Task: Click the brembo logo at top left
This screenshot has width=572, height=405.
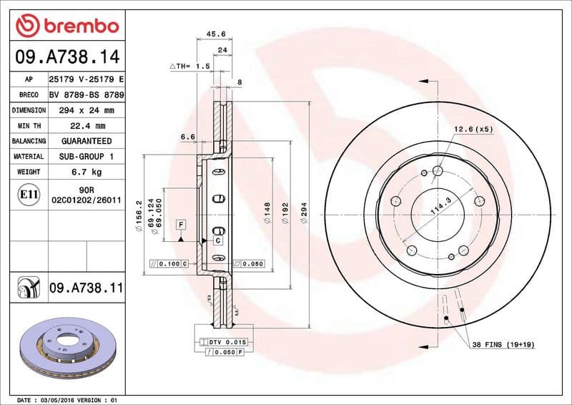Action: tap(66, 26)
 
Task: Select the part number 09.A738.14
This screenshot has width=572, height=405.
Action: tap(66, 56)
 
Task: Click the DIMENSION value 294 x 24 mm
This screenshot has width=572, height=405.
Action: tap(86, 111)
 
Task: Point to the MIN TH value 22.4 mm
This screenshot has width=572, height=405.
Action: tap(86, 126)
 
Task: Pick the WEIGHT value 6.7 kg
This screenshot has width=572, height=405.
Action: tap(86, 172)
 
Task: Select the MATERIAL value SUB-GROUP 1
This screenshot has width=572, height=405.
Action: tap(86, 157)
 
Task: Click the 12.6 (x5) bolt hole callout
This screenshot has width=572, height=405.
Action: tap(473, 129)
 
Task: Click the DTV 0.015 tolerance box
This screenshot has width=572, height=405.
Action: tap(227, 343)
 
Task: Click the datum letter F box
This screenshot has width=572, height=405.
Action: tap(181, 225)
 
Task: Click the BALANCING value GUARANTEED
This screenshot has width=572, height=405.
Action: tap(86, 141)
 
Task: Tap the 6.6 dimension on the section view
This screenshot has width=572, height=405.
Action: tap(188, 136)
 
